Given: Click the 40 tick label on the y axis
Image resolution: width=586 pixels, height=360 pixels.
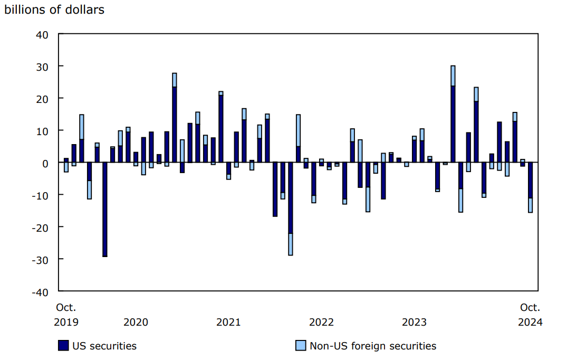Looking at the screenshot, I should pyautogui.click(x=42, y=34).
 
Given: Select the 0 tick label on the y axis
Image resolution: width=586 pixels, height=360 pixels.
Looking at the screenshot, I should pyautogui.click(x=45, y=163).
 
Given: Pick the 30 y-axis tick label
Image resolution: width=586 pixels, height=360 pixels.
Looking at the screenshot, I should pyautogui.click(x=42, y=67).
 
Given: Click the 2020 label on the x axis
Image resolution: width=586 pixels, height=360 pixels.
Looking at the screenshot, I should pyautogui.click(x=136, y=322).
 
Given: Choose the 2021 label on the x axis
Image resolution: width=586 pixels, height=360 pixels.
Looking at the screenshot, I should pyautogui.click(x=228, y=322).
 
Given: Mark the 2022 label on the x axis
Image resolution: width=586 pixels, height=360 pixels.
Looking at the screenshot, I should pyautogui.click(x=321, y=322).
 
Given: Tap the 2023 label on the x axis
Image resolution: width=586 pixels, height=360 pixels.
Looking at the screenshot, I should pyautogui.click(x=414, y=322).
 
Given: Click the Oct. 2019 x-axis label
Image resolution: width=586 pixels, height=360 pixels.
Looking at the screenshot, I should pyautogui.click(x=66, y=315).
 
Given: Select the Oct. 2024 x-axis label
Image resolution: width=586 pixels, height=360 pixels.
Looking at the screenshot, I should pyautogui.click(x=530, y=315).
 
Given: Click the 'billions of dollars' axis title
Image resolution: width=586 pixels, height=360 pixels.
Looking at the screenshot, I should pyautogui.click(x=54, y=10).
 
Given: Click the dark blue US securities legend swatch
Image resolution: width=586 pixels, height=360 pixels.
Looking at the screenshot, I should pyautogui.click(x=63, y=346).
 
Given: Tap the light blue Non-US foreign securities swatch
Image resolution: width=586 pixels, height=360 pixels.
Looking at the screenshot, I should pyautogui.click(x=300, y=346).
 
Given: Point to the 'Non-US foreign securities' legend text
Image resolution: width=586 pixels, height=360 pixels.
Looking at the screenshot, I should pyautogui.click(x=373, y=346).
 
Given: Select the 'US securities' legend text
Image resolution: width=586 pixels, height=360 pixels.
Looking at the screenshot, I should pyautogui.click(x=105, y=346).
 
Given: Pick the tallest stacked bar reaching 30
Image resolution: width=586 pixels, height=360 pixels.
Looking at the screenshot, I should pyautogui.click(x=453, y=113).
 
